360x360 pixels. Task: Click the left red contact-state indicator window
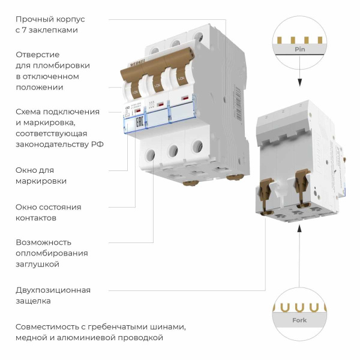point(137,110)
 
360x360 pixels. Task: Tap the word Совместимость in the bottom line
point(47,327)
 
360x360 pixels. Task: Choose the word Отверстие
point(37,55)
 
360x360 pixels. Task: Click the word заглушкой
point(38,264)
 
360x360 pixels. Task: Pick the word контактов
point(36,218)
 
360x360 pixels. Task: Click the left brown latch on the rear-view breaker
point(266,185)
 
